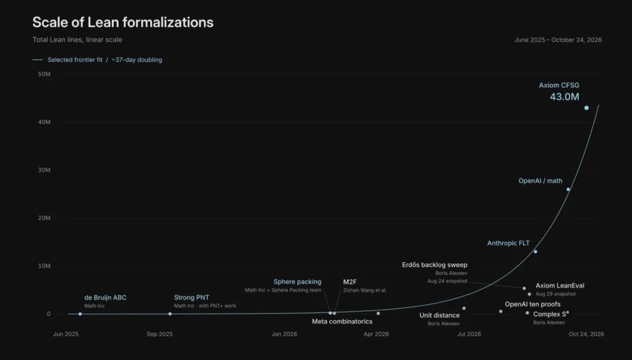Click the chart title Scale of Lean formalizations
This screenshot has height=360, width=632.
123,22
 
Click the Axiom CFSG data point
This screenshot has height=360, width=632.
586,108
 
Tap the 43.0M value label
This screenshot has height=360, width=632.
564,97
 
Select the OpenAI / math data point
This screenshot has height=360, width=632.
568,190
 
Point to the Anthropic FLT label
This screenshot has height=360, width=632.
509,243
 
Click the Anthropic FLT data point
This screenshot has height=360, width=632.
535,252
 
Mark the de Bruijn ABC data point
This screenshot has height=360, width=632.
80,314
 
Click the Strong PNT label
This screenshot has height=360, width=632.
191,297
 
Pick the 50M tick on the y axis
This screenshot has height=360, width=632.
44,74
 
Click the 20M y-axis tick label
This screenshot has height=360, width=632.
44,218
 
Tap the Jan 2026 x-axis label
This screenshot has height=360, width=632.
284,334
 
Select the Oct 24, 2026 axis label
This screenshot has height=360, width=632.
586,334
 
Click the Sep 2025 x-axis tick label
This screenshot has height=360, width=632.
160,334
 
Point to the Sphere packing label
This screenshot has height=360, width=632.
297,282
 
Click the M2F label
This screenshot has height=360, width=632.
350,282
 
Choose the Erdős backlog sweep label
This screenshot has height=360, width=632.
434,265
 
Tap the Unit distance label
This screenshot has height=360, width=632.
439,316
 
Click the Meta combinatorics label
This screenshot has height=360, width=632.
342,321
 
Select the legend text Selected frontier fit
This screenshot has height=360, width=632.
75,60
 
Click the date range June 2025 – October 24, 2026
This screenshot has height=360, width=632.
558,40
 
